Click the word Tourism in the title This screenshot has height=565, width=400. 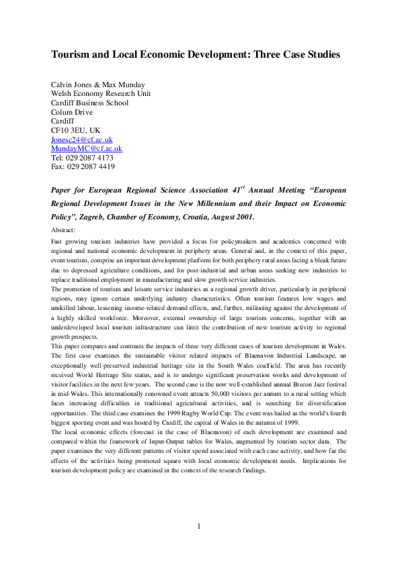73,54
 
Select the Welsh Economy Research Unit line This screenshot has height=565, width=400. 101,93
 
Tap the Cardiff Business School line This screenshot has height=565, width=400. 89,103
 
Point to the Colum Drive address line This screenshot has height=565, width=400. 73,112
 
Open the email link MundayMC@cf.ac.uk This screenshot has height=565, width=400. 87,148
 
